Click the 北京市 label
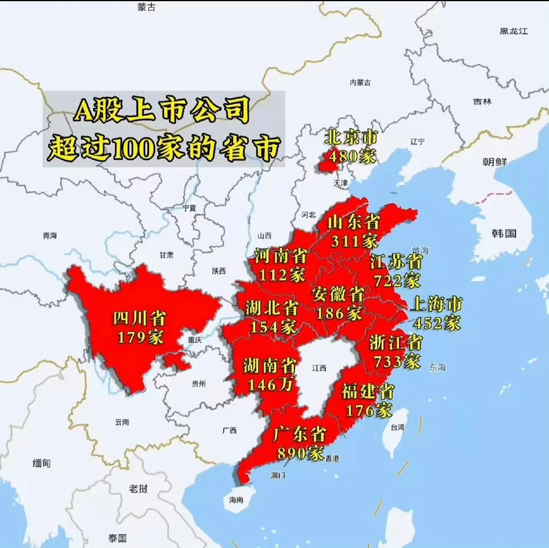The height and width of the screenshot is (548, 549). click(x=351, y=137)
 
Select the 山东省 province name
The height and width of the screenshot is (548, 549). click(x=354, y=222)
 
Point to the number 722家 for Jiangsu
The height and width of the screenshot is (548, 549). click(x=397, y=280)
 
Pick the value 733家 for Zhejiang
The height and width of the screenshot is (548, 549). click(x=397, y=361)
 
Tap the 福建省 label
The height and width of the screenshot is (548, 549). click(x=368, y=392)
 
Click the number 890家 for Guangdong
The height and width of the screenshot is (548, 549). click(x=300, y=454)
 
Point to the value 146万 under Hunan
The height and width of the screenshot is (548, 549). click(x=271, y=384)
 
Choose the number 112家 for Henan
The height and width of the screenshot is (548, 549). click(x=281, y=275)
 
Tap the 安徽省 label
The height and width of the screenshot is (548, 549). click(x=338, y=295)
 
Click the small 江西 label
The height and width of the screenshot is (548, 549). click(x=320, y=368)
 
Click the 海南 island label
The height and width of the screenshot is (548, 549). click(x=236, y=499)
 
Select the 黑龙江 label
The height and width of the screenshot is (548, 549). click(x=514, y=31)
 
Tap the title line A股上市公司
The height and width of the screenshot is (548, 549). click(x=162, y=111)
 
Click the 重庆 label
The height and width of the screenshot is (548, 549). click(x=195, y=340)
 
